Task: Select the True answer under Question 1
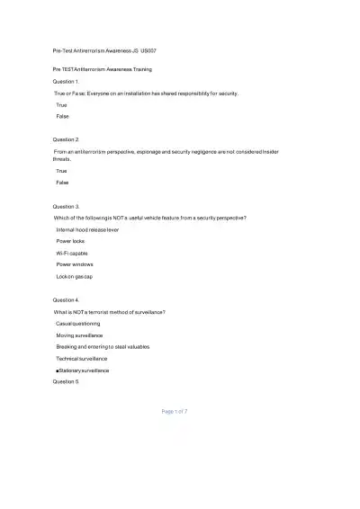[x=62, y=104]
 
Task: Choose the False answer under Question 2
[x=62, y=183]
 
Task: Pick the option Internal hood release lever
[x=87, y=230]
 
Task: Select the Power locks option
[x=71, y=242]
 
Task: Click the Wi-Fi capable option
[x=72, y=254]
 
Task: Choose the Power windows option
[x=75, y=264]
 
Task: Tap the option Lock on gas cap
[x=75, y=276]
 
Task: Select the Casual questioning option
[x=78, y=323]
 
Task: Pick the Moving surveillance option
[x=79, y=335]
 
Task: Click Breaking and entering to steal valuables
[x=103, y=346]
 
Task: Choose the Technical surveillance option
[x=83, y=358]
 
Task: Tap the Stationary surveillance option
[x=84, y=370]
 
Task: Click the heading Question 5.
[x=67, y=380]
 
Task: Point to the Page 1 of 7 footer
[x=175, y=411]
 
